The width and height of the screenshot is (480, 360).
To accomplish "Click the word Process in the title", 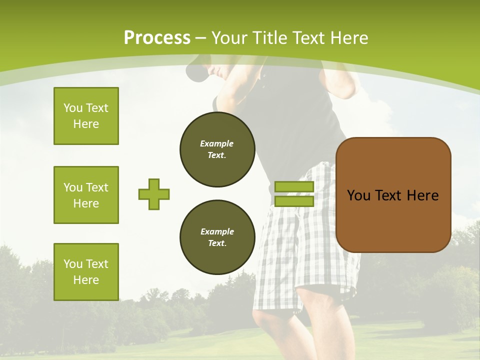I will coord(157,38).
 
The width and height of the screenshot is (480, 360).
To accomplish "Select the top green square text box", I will coord(86,116).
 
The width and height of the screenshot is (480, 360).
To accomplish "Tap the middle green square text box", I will coord(86,195).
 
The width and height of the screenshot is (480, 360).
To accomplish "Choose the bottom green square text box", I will coord(86,271).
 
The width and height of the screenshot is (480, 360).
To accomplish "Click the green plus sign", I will coord(154,194).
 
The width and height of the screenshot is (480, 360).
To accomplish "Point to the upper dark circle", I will coord(217,149).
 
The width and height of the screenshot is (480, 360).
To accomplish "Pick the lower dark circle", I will coord(217,237).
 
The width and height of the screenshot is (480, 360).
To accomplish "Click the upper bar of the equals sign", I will coord(294,186).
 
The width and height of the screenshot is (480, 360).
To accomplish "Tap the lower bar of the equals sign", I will coord(294,201).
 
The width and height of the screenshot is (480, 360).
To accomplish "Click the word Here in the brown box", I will coord(422,195).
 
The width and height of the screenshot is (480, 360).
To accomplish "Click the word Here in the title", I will coord(349,38).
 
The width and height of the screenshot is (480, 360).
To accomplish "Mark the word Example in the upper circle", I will coord(217,143).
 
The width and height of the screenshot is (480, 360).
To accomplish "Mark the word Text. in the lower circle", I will coord(217,243).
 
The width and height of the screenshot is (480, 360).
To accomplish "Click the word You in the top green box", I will coord(73,108).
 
